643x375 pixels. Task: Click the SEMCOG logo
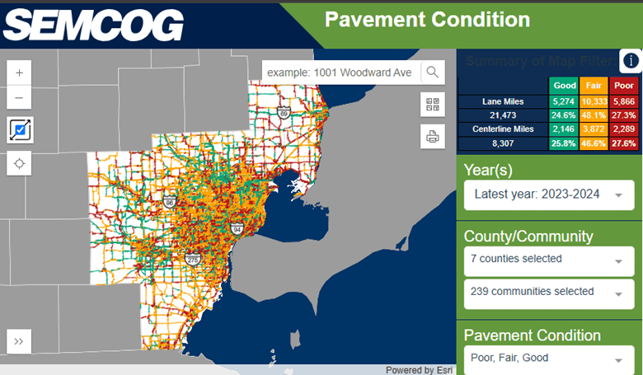(92, 25)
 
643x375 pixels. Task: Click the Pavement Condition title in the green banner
(426, 20)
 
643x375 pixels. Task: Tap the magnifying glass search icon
(433, 73)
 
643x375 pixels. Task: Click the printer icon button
(433, 135)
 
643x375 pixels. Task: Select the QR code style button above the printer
(433, 104)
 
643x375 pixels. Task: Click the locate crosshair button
(20, 163)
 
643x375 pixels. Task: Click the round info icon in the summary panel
(631, 61)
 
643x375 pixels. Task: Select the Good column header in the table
(565, 85)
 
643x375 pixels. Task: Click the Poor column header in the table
(624, 85)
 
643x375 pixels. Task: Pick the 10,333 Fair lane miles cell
(594, 101)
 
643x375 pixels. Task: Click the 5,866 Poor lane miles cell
(624, 101)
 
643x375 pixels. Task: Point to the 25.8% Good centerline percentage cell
(565, 143)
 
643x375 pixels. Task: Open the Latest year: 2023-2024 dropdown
(548, 195)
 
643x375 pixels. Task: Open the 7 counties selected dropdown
(548, 260)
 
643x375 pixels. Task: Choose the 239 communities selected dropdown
(548, 293)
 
